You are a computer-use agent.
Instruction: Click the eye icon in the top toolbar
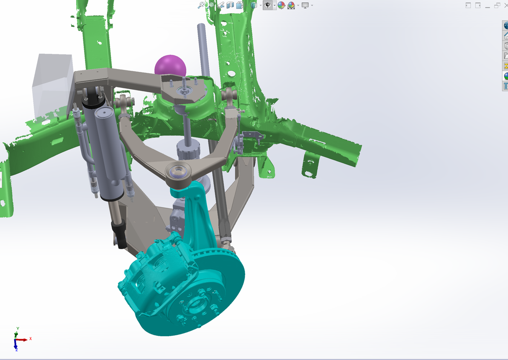(x=268, y=5)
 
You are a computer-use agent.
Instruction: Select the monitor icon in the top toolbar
(x=305, y=5)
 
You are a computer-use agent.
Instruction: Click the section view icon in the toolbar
(x=230, y=5)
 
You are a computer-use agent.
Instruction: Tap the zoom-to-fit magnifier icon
(x=202, y=5)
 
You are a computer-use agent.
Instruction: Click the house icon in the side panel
(x=505, y=36)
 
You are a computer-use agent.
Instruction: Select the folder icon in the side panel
(x=505, y=56)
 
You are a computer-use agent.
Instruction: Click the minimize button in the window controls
(x=487, y=5)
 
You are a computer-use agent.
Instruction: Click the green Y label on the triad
(x=18, y=329)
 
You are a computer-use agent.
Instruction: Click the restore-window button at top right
(x=497, y=5)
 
